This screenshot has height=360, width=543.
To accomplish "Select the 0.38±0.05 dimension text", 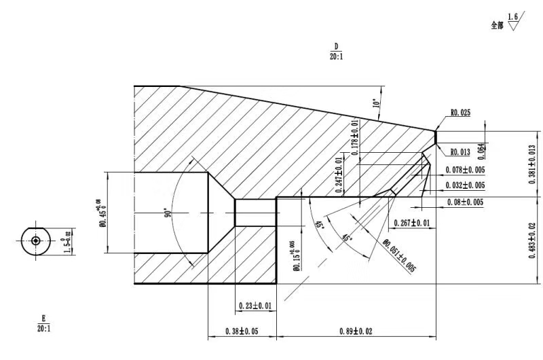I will click(x=242, y=331).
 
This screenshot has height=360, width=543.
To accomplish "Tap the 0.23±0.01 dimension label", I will click(x=255, y=306).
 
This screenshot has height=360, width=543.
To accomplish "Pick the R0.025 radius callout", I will click(x=460, y=113).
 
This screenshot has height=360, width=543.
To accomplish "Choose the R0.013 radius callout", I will click(x=460, y=151).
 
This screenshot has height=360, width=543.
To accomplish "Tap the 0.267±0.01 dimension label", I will click(x=412, y=223).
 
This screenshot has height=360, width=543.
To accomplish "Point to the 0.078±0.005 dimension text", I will click(x=465, y=170).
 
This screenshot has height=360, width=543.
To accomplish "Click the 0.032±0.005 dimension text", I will click(x=465, y=185).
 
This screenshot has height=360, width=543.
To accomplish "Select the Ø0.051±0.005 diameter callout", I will click(x=399, y=255).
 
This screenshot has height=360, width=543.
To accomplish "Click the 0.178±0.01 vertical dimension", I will click(x=355, y=137).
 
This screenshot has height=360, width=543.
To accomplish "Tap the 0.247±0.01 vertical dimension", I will click(x=339, y=175).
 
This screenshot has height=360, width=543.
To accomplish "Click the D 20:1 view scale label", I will click(x=335, y=52).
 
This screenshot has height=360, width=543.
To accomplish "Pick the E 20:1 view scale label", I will click(x=45, y=324).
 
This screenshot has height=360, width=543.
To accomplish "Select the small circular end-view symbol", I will click(x=35, y=240).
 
